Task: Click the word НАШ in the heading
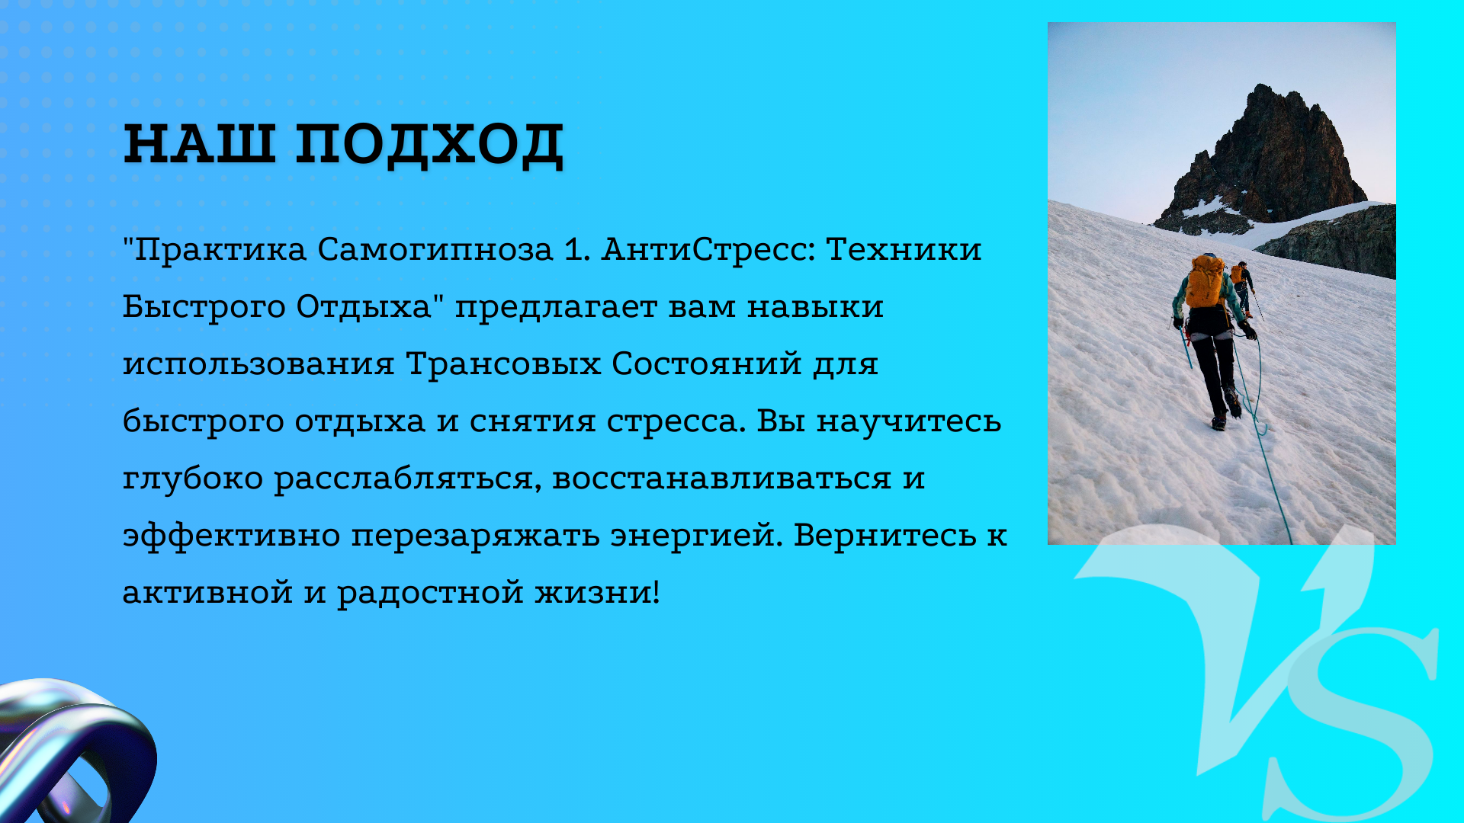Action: pos(199,143)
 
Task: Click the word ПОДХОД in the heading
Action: pos(430,145)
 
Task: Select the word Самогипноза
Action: pos(435,250)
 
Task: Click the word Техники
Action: pos(904,249)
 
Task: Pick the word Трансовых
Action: pos(503,364)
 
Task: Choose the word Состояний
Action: pos(707,364)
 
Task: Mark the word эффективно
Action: pos(231,535)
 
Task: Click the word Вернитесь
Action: pos(884,535)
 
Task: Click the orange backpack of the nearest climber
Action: pos(1206,281)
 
